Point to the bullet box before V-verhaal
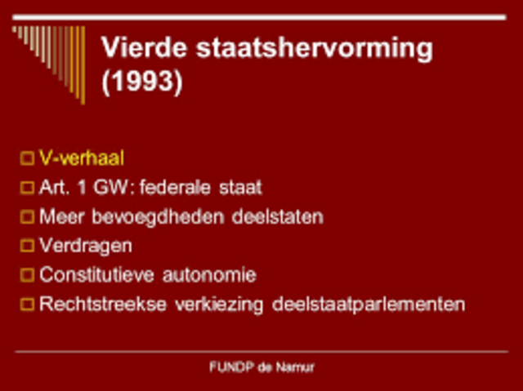[x=28, y=158]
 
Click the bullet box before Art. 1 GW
[x=28, y=188]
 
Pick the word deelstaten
[x=282, y=217]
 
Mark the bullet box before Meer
[x=28, y=217]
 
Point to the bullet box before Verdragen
[x=28, y=246]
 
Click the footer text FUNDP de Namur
[x=261, y=367]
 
